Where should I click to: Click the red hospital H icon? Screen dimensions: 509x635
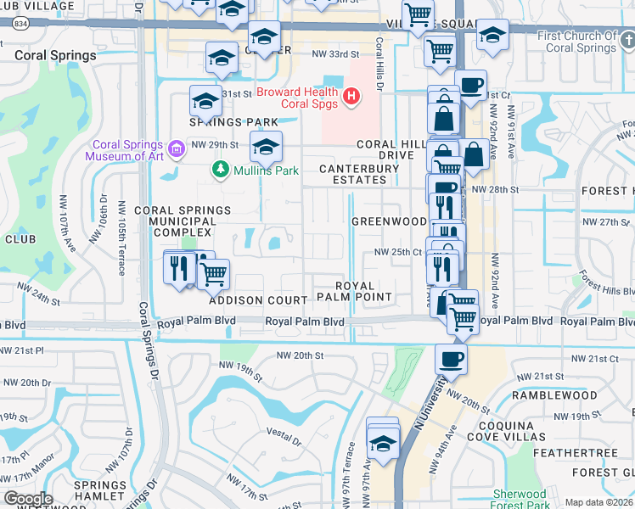click(x=352, y=99)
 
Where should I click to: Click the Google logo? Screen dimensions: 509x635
click(x=28, y=498)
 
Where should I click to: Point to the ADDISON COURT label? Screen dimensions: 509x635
click(x=258, y=300)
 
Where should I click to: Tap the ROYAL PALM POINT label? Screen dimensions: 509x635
click(x=354, y=291)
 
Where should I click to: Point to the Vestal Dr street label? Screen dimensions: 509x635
click(x=284, y=439)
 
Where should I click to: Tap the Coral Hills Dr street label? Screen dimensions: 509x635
click(x=379, y=58)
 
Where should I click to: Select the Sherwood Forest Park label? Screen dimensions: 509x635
click(x=520, y=499)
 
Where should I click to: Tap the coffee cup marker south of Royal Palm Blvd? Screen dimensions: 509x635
click(x=451, y=357)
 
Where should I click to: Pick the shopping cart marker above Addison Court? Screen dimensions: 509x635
click(x=213, y=273)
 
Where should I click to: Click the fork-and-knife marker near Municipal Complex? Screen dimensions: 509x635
click(x=179, y=267)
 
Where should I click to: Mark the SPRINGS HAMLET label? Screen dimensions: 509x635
click(x=100, y=490)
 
